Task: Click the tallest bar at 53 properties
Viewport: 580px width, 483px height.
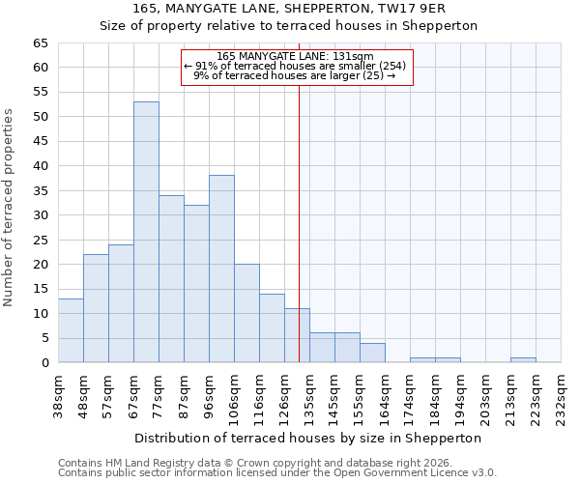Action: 146,232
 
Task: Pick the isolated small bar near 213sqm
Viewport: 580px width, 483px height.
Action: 523,359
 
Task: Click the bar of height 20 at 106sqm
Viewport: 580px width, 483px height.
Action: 246,313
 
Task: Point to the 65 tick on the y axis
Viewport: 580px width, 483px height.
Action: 41,43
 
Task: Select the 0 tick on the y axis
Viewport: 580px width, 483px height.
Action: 44,363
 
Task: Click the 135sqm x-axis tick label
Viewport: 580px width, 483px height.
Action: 310,393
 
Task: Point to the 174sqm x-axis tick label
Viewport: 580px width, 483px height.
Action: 411,393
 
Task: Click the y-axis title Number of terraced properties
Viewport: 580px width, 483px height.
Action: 10,207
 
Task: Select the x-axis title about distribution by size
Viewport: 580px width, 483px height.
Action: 308,438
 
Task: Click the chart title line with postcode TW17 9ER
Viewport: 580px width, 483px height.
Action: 289,9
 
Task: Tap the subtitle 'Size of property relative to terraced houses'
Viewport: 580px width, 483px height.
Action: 289,26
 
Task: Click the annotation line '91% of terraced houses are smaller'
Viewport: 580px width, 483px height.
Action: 296,66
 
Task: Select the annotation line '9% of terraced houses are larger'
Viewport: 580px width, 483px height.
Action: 296,75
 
